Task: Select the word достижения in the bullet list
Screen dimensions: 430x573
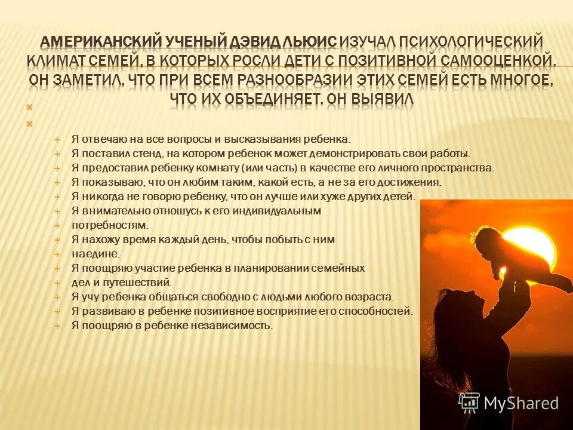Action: click(412, 182)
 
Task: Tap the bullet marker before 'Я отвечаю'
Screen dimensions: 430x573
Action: click(58, 139)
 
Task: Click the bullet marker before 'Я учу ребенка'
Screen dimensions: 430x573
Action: click(58, 297)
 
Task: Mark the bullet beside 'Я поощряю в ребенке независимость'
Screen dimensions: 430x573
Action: click(58, 325)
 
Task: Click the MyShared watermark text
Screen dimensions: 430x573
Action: click(521, 403)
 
